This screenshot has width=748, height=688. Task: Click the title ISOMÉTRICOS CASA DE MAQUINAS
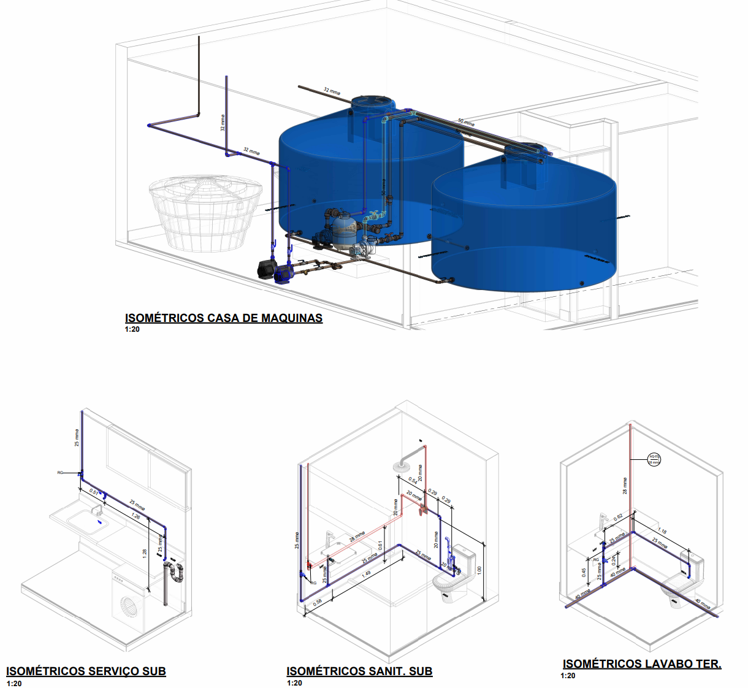coord(224,318)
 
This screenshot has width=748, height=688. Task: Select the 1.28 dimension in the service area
coord(145,552)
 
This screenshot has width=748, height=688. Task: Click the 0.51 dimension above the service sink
coord(94,491)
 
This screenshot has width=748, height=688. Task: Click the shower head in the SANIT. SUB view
coord(402,465)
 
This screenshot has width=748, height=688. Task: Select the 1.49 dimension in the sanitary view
coord(366,575)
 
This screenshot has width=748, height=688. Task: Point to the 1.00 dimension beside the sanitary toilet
coord(479,569)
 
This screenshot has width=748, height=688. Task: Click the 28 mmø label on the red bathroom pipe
coord(357,537)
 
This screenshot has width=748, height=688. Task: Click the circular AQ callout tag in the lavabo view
coord(654,459)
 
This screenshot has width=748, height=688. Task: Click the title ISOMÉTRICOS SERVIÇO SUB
coord(86,671)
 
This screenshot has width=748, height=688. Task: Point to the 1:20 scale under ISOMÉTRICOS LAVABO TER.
coord(568,676)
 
